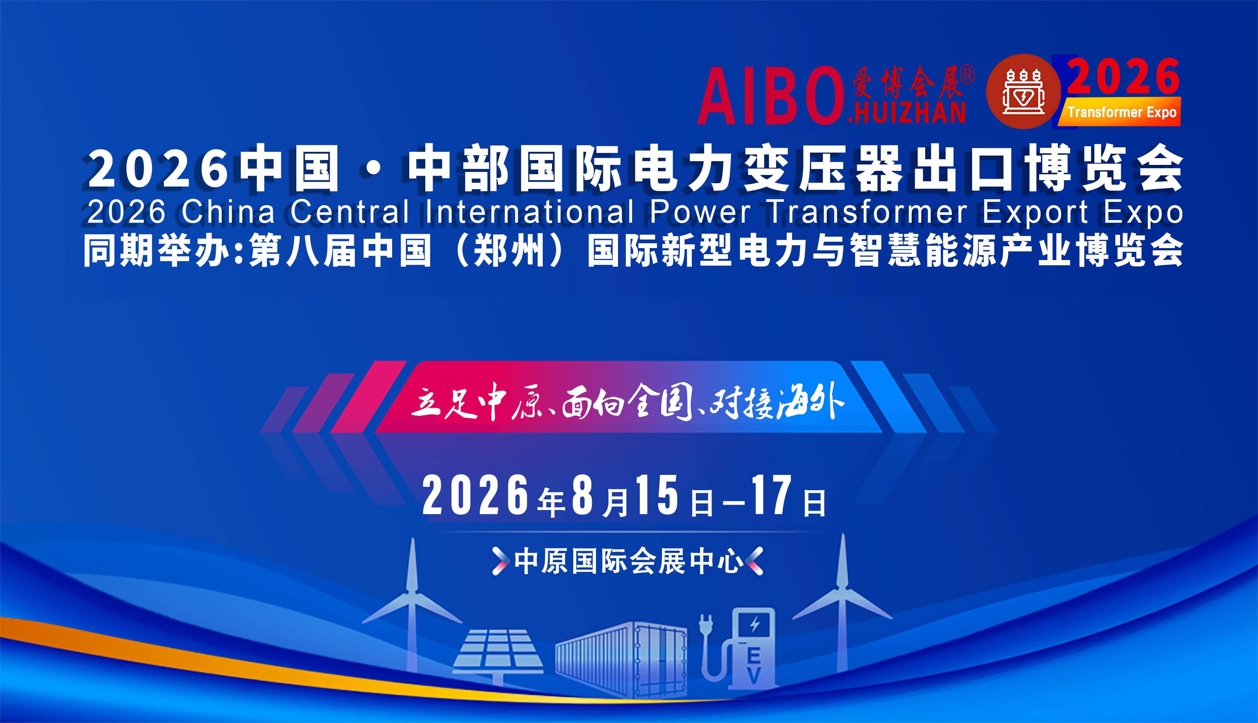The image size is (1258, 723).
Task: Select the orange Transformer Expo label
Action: click(1120, 112)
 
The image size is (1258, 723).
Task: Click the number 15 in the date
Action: click(657, 495)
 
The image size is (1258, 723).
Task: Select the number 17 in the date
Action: click(772, 495)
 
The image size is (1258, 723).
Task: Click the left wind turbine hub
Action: click(411, 591)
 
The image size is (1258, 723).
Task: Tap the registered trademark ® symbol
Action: click(967, 75)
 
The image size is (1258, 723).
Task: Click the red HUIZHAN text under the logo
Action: click(907, 112)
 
